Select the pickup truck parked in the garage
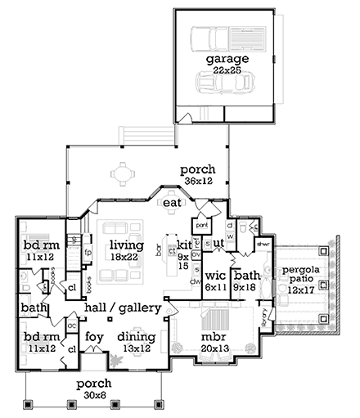click(214, 38)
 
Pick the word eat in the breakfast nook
click(171, 202)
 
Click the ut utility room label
click(218, 244)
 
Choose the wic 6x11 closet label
click(215, 281)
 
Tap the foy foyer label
click(94, 335)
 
